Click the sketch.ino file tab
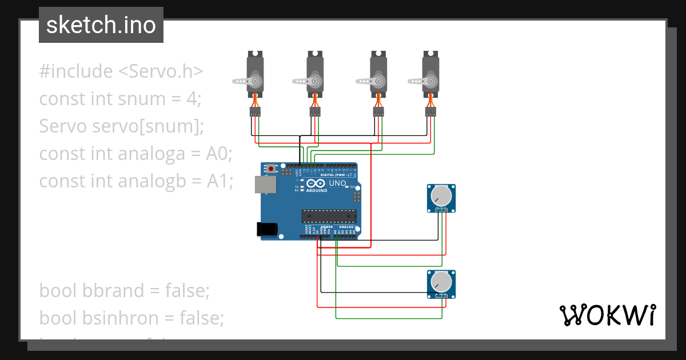pyautogui.click(x=101, y=25)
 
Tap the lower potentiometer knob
pyautogui.click(x=441, y=281)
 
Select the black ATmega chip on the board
pyautogui.click(x=329, y=216)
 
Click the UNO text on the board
pyautogui.click(x=337, y=183)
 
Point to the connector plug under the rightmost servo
pyautogui.click(x=430, y=111)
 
